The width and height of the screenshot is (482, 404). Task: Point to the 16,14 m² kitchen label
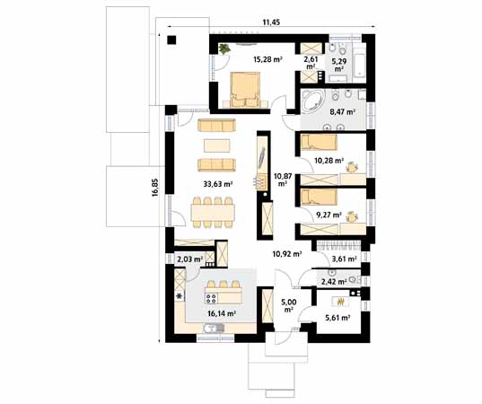219,313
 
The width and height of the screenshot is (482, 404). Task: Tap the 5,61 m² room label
337,317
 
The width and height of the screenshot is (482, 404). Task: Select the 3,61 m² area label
345,259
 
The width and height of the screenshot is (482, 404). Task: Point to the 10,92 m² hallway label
286,254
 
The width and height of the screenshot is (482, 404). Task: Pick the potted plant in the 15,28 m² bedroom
223,48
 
